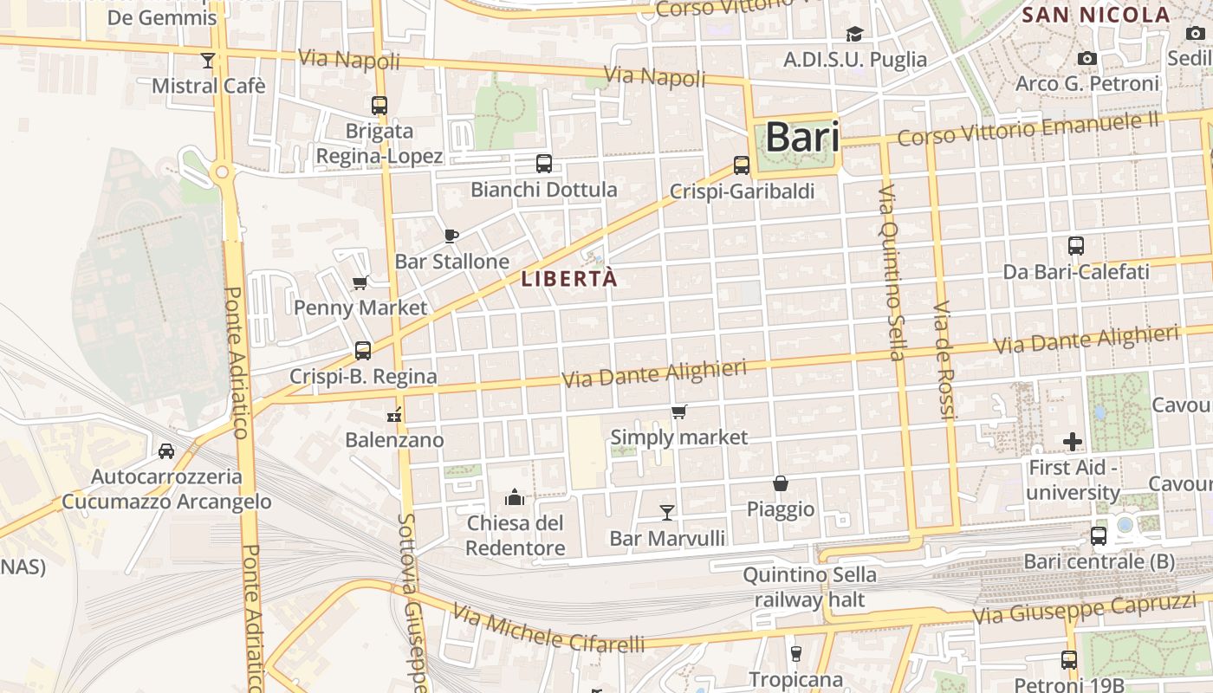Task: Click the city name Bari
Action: coord(802,138)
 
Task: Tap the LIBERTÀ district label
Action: coord(569,279)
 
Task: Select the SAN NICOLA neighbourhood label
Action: coord(1096,15)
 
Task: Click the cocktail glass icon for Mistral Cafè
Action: coord(207,60)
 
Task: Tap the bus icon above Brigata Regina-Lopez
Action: coord(379,106)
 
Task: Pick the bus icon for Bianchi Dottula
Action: coord(544,164)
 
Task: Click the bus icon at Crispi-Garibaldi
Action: coord(742,165)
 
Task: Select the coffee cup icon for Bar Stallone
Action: coord(451,236)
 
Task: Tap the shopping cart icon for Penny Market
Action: coord(360,282)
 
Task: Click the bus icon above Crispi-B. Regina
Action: coord(363,351)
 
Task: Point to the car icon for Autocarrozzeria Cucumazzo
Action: coord(166,451)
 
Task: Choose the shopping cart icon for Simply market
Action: coord(679,412)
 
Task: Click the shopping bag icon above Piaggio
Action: coord(781,483)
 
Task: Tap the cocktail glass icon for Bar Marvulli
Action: coord(667,513)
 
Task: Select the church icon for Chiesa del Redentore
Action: coord(516,497)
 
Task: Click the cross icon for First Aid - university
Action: coord(1073,442)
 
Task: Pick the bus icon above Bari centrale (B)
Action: coord(1099,536)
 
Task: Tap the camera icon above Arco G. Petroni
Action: coord(1087,59)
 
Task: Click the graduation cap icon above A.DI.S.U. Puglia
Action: coord(855,35)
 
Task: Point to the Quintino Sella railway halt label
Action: coord(809,586)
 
